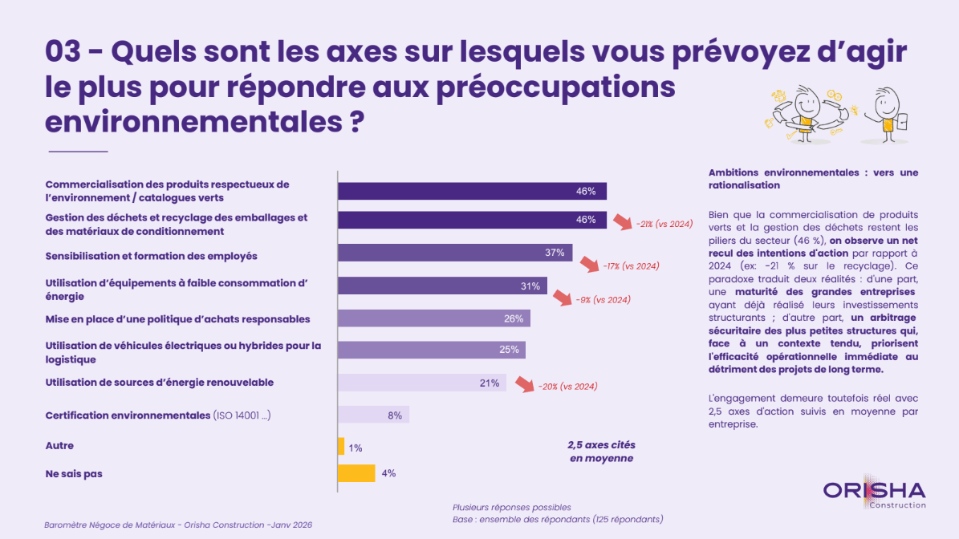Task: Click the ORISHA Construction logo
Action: tap(875, 493)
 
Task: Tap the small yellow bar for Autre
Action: tap(341, 446)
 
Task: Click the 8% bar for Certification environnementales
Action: tap(373, 415)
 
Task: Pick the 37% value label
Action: tap(555, 253)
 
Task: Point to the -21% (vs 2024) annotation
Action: tap(664, 225)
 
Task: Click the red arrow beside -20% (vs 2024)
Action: tap(524, 385)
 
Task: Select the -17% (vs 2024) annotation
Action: tap(631, 265)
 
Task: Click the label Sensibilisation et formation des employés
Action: tap(151, 256)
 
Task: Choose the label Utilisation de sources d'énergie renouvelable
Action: tap(159, 383)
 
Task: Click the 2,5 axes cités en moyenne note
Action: tap(601, 452)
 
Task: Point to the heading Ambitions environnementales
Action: tap(813, 178)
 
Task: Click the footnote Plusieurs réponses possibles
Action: tap(511, 507)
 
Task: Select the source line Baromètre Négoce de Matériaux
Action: tap(177, 525)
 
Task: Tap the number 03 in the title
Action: tap(64, 53)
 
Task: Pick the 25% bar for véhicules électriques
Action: tap(431, 350)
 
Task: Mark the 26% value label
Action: tap(514, 318)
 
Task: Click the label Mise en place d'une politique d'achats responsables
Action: tap(177, 319)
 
